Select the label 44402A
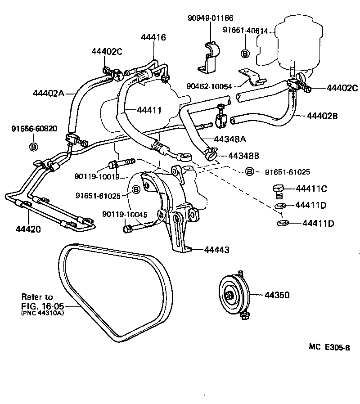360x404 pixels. [49, 94]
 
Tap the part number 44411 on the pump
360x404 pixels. [149, 109]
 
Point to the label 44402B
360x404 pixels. [323, 116]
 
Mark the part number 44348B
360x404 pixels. [243, 156]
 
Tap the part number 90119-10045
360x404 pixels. [125, 214]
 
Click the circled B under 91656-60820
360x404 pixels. [33, 147]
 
